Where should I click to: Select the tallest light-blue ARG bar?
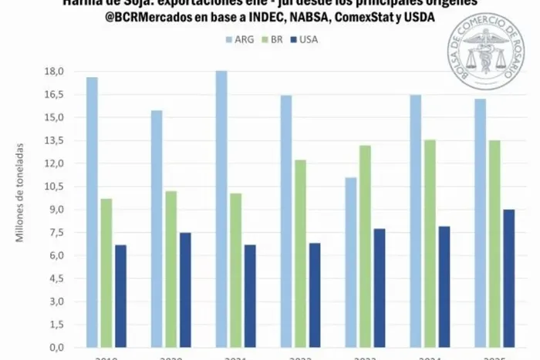(x=221, y=208)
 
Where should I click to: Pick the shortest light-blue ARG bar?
(x=350, y=262)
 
